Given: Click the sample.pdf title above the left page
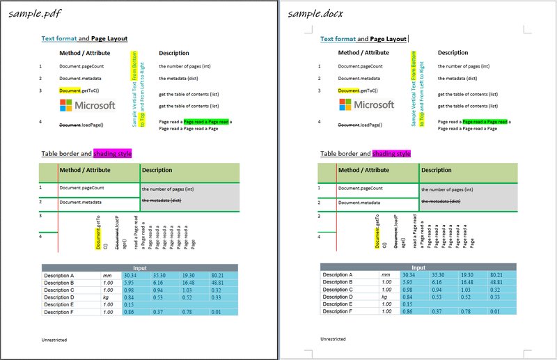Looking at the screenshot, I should click(x=32, y=13).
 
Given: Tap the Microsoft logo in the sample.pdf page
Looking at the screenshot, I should click(x=87, y=105).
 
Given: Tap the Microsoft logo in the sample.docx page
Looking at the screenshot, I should click(x=366, y=104).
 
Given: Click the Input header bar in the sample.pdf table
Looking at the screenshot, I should click(x=139, y=267).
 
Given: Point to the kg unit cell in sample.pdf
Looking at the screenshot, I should click(x=106, y=297).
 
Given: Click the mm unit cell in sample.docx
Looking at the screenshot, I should click(x=385, y=275).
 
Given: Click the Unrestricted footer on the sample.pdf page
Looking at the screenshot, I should click(x=54, y=339).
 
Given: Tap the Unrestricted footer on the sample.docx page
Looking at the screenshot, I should click(x=333, y=339).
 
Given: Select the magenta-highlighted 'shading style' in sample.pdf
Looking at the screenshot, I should click(x=112, y=153).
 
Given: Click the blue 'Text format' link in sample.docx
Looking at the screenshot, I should click(x=338, y=40).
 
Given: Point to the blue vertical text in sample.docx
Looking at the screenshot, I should click(x=414, y=88).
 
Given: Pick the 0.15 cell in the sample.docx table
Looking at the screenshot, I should click(x=407, y=304).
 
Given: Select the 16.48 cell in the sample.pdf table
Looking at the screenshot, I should click(x=188, y=283).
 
